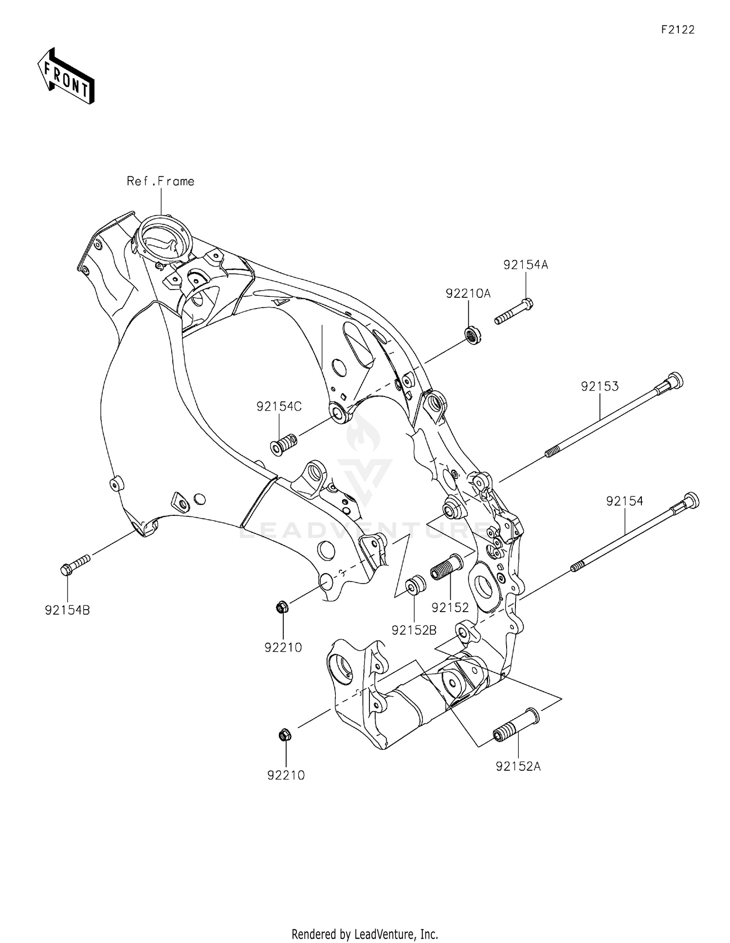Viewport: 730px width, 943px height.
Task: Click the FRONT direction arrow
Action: click(x=66, y=76)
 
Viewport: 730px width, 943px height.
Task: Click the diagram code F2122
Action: click(x=677, y=30)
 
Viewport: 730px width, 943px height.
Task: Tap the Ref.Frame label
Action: click(x=161, y=181)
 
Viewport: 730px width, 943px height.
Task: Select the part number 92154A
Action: click(x=526, y=265)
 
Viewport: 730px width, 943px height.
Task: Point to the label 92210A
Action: click(x=468, y=293)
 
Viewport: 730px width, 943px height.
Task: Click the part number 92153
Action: click(x=600, y=386)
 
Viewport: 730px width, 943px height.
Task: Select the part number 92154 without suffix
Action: click(x=624, y=501)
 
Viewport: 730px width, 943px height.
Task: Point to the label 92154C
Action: click(x=279, y=406)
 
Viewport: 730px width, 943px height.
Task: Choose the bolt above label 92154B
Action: click(x=75, y=565)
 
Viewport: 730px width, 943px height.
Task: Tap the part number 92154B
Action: click(x=68, y=610)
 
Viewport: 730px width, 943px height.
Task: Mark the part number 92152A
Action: click(x=518, y=766)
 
